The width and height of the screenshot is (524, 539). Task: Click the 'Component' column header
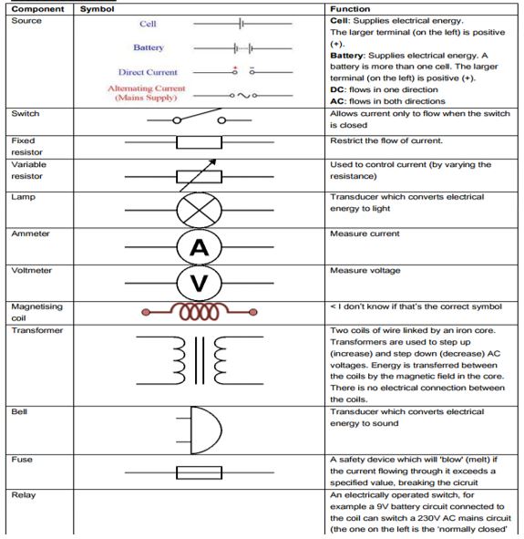(x=36, y=8)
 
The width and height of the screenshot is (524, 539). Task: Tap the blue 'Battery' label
(x=149, y=47)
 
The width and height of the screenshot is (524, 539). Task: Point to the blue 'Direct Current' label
(x=148, y=72)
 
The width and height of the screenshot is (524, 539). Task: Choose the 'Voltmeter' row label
(x=31, y=271)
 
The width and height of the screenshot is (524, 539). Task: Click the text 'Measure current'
(x=365, y=233)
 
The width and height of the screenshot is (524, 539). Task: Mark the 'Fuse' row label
(x=22, y=459)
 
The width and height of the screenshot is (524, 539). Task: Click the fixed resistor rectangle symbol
(x=199, y=143)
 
